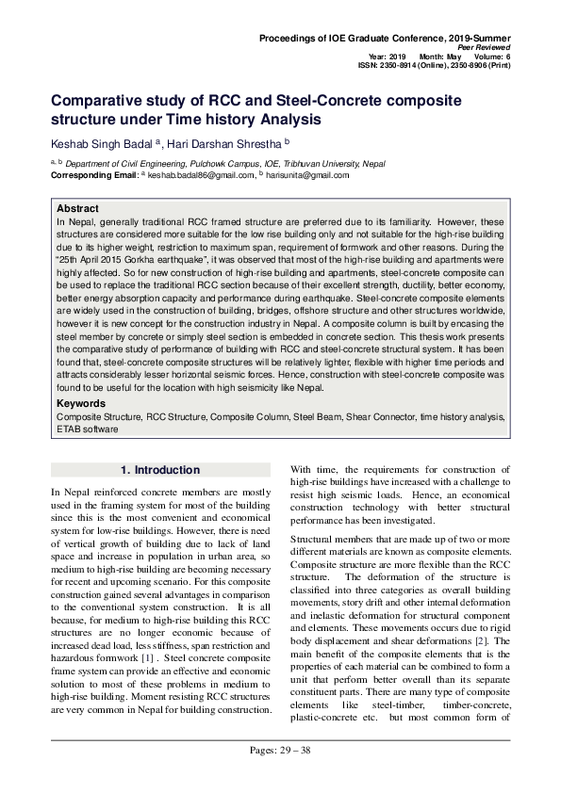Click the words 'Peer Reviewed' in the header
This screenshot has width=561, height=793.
[x=484, y=46]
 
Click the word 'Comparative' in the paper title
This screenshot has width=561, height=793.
[x=101, y=99]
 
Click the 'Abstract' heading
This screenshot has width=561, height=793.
[x=77, y=208]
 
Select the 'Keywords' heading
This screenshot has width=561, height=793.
[x=81, y=403]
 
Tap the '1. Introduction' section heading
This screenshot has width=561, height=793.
[x=160, y=470]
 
